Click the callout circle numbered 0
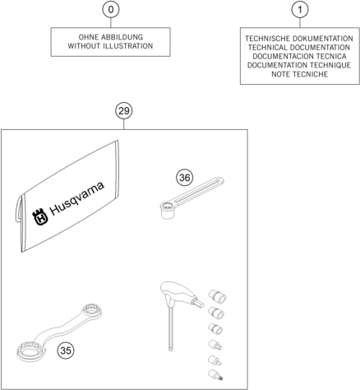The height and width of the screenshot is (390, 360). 111,10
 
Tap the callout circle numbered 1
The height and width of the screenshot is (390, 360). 300,10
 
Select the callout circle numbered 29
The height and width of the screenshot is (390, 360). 123,111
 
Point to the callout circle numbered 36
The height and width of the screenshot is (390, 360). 184,178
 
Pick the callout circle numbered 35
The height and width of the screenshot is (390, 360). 66,351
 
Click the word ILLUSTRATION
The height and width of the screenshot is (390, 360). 127,46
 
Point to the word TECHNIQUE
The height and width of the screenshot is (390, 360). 330,65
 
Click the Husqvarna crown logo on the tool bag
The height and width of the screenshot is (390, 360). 40,216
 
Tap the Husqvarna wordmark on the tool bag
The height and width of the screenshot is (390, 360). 77,198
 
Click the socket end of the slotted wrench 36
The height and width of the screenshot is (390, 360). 168,210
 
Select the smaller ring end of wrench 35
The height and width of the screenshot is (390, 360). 92,311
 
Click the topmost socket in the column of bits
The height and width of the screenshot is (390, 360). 218,296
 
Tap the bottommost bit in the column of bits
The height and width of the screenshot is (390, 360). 215,375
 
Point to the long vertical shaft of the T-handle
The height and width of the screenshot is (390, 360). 171,329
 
